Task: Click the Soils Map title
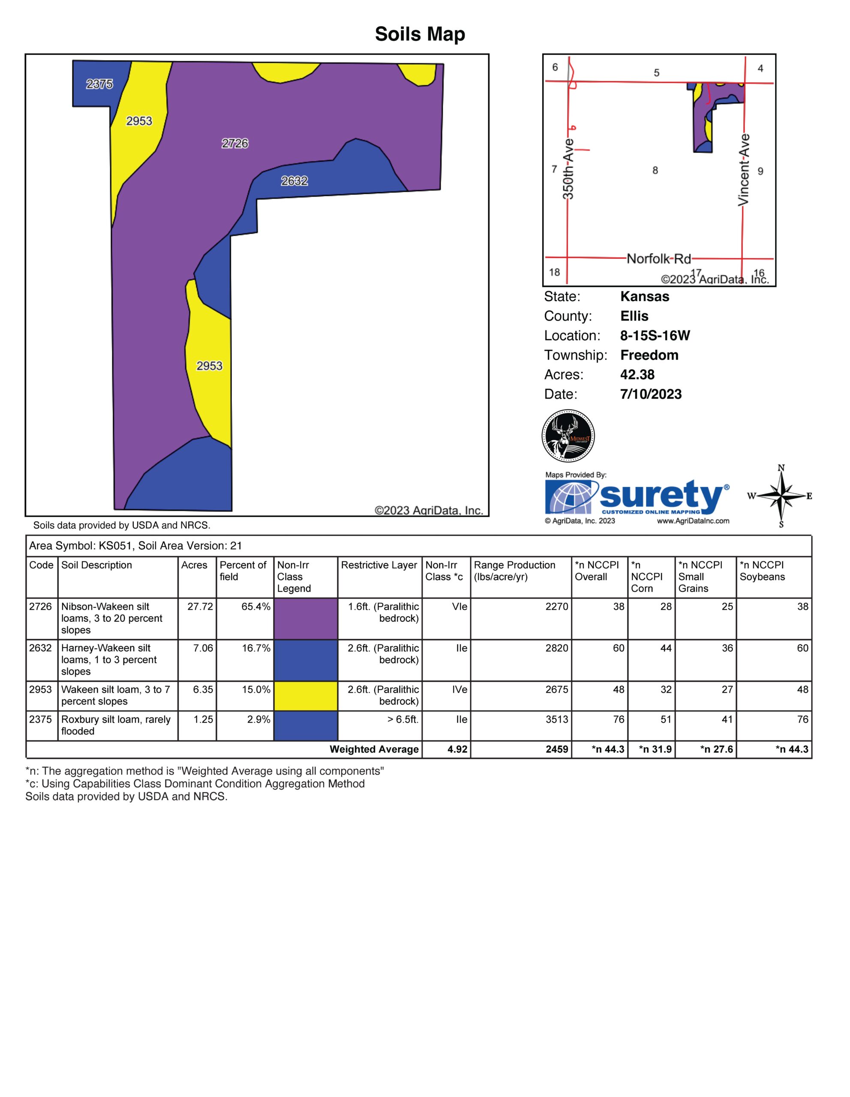[420, 34]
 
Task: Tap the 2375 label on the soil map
[99, 84]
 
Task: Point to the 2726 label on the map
[235, 144]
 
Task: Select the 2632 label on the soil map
[294, 181]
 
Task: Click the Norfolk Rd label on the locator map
[658, 259]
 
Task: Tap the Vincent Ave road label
[744, 169]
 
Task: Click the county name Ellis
[634, 316]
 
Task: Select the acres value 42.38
[637, 375]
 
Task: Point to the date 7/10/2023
[651, 394]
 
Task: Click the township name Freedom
[649, 355]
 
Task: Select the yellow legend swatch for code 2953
[306, 695]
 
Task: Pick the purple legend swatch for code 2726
[306, 618]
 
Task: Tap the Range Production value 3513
[557, 720]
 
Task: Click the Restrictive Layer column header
[379, 565]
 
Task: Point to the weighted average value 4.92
[457, 749]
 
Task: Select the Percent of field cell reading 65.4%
[256, 607]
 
